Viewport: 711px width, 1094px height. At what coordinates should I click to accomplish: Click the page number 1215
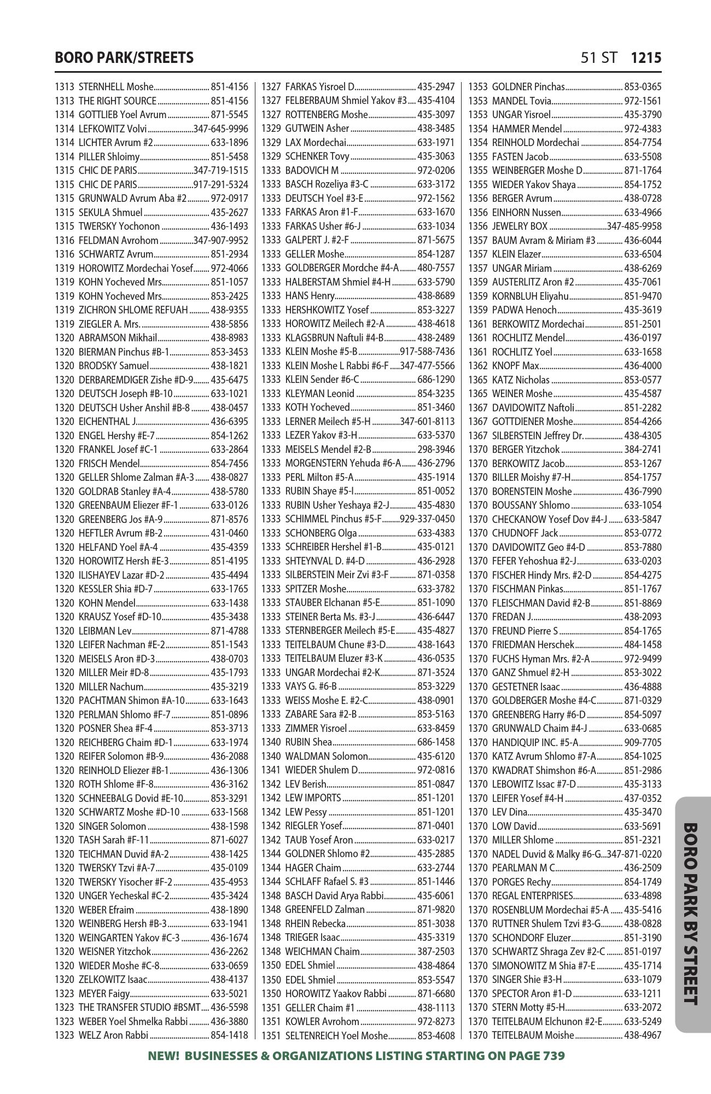coord(646,58)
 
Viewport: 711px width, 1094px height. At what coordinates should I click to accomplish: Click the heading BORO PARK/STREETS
coord(124,58)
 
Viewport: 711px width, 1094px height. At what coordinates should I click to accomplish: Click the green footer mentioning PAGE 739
coord(356,1056)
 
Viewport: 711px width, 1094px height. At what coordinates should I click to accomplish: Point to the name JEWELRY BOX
coord(519,226)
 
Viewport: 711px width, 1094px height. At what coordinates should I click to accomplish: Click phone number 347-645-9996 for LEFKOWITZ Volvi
coord(220,129)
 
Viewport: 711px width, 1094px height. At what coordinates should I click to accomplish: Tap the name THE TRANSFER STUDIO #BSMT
coord(139,1008)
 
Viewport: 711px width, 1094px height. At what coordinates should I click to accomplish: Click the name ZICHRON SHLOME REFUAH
coord(133,310)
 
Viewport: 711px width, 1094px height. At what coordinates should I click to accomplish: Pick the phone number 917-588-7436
coord(427,352)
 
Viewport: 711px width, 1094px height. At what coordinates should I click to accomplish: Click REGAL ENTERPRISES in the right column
coord(532,896)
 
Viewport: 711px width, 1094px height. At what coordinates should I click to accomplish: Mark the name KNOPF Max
coord(515,365)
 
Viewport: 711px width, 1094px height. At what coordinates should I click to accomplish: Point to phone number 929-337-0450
coord(427,519)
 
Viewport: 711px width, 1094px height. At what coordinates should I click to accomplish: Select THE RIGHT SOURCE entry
coord(118,101)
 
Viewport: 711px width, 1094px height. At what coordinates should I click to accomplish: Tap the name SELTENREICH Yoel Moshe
coord(336,1035)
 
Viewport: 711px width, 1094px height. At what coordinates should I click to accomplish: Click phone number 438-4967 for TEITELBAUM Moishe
coord(643,1035)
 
